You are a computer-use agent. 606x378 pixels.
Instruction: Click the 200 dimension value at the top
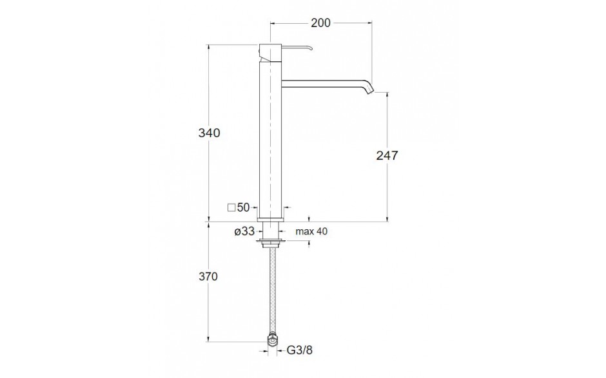pyautogui.click(x=321, y=23)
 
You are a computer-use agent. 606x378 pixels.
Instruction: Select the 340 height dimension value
pyautogui.click(x=209, y=133)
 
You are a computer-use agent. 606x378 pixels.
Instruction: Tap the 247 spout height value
pyautogui.click(x=387, y=155)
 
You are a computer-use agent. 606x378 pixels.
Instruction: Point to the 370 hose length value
pyautogui.click(x=209, y=276)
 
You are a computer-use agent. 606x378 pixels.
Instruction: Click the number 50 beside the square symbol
pyautogui.click(x=244, y=207)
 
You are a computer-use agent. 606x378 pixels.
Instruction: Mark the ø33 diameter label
pyautogui.click(x=244, y=231)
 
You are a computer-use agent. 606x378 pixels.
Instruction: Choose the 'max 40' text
pyautogui.click(x=311, y=231)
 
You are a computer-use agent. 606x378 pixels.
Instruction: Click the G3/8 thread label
pyautogui.click(x=300, y=350)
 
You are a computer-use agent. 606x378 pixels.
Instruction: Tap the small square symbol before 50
pyautogui.click(x=232, y=208)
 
